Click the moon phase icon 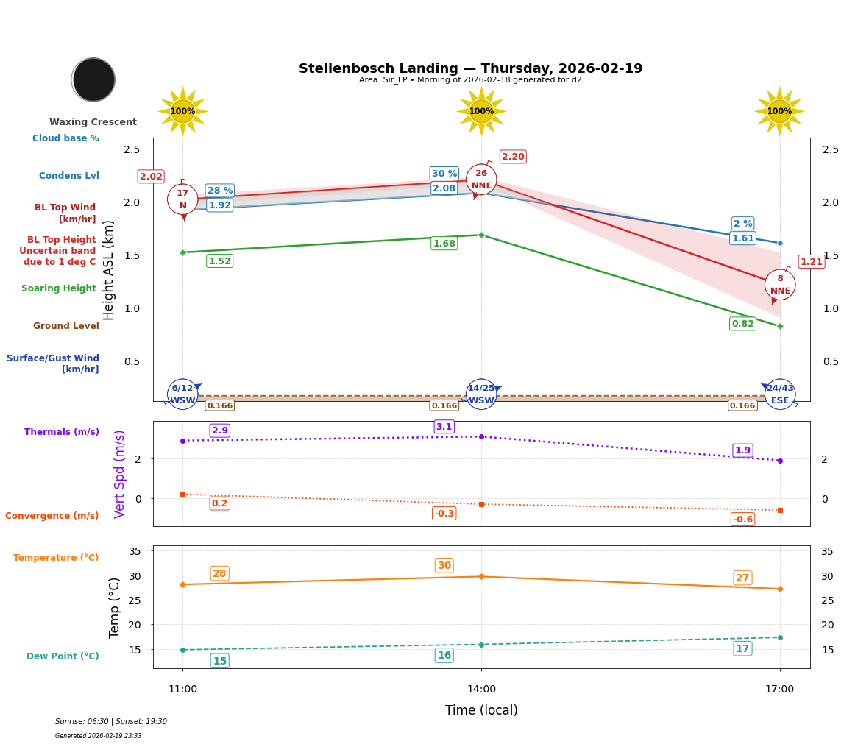tap(93, 79)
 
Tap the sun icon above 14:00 tap(481, 111)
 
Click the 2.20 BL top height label tap(513, 157)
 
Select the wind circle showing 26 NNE tap(481, 180)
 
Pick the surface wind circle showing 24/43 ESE tap(780, 394)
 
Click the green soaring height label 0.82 tap(742, 324)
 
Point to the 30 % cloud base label tap(444, 174)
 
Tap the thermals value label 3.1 tap(444, 427)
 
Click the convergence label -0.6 tap(742, 520)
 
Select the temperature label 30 tap(444, 566)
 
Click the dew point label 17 tap(742, 648)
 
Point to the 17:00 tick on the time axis tap(779, 690)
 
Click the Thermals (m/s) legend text tap(62, 432)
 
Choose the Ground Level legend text tap(66, 326)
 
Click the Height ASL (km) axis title tap(109, 270)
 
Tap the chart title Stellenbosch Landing tap(470, 68)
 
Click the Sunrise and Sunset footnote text tap(111, 722)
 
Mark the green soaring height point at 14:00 tap(481, 235)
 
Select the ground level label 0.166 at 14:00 tap(444, 405)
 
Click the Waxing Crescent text tap(93, 122)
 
